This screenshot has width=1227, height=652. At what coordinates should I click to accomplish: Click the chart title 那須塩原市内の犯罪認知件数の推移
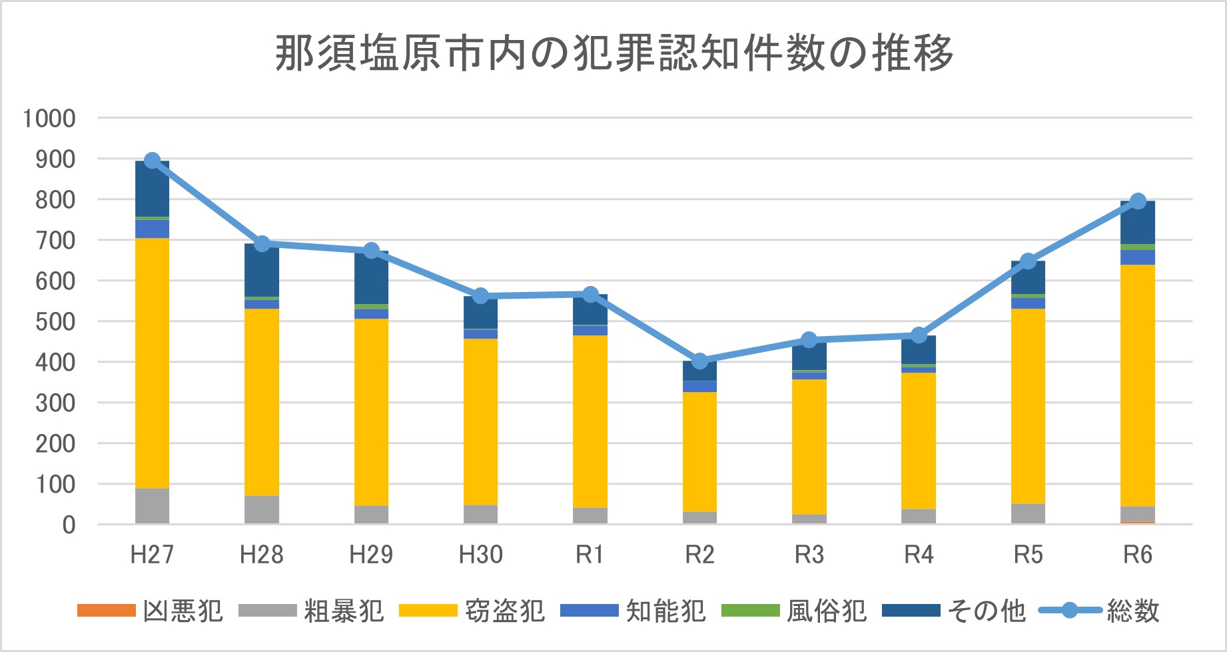click(x=613, y=53)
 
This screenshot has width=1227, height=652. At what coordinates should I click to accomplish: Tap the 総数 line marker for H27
click(x=152, y=161)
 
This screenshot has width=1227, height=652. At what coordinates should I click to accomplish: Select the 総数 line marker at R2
click(x=699, y=361)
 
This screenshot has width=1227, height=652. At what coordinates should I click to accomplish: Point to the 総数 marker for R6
click(x=1138, y=201)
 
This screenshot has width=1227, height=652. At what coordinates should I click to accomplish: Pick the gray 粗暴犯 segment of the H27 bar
click(x=152, y=506)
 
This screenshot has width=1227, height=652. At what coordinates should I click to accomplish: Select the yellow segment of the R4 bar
click(x=919, y=440)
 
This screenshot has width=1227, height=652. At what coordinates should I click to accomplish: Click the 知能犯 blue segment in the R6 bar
click(x=1138, y=257)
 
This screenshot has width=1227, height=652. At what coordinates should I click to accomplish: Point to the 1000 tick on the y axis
click(x=49, y=119)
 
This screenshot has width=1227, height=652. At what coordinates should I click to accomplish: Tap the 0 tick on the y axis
click(x=69, y=525)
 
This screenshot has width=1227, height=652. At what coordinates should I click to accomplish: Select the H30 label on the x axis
click(x=480, y=555)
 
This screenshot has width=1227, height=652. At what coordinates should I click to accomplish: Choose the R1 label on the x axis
click(x=590, y=555)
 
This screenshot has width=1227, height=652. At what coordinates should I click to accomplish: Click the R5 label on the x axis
click(x=1028, y=555)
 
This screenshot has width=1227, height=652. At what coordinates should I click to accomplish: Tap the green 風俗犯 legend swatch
click(x=750, y=611)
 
